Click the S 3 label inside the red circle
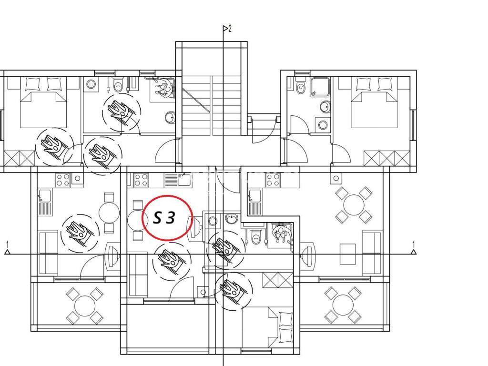click(x=164, y=218)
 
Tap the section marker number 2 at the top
click(x=230, y=29)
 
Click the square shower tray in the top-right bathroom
click(x=320, y=87)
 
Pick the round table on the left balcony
click(x=84, y=305)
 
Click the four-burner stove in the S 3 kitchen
click(x=141, y=180)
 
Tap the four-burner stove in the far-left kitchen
click(x=63, y=180)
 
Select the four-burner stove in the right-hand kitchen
click(x=273, y=180)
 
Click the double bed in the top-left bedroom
click(x=43, y=102)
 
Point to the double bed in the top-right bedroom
click(x=374, y=102)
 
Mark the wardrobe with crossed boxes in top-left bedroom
click(x=19, y=158)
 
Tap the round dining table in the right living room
click(x=354, y=205)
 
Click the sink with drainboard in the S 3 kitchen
click(x=177, y=180)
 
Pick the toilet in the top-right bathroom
click(x=301, y=87)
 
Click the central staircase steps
click(x=211, y=105)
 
